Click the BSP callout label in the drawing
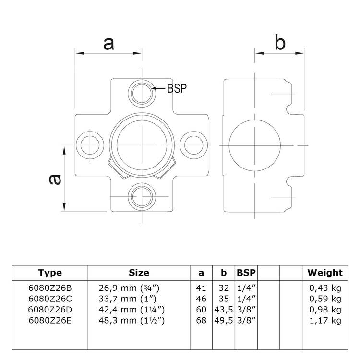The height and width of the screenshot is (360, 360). (x=176, y=88)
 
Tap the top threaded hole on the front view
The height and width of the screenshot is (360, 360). (x=143, y=90)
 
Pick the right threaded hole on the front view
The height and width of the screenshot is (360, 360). (x=195, y=144)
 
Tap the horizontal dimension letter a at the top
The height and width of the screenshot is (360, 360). (x=109, y=43)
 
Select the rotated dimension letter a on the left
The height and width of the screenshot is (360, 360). (x=55, y=179)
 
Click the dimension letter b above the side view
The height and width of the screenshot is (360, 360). (x=279, y=43)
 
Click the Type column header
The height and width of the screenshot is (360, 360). (x=50, y=273)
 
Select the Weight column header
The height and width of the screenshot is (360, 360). (x=325, y=273)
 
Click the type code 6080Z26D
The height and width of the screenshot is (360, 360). (x=50, y=310)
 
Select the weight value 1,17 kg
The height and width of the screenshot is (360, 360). (x=325, y=320)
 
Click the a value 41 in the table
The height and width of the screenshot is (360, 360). (x=201, y=288)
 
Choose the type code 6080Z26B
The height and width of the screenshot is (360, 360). (x=50, y=288)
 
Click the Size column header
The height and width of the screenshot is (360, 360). (x=139, y=273)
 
